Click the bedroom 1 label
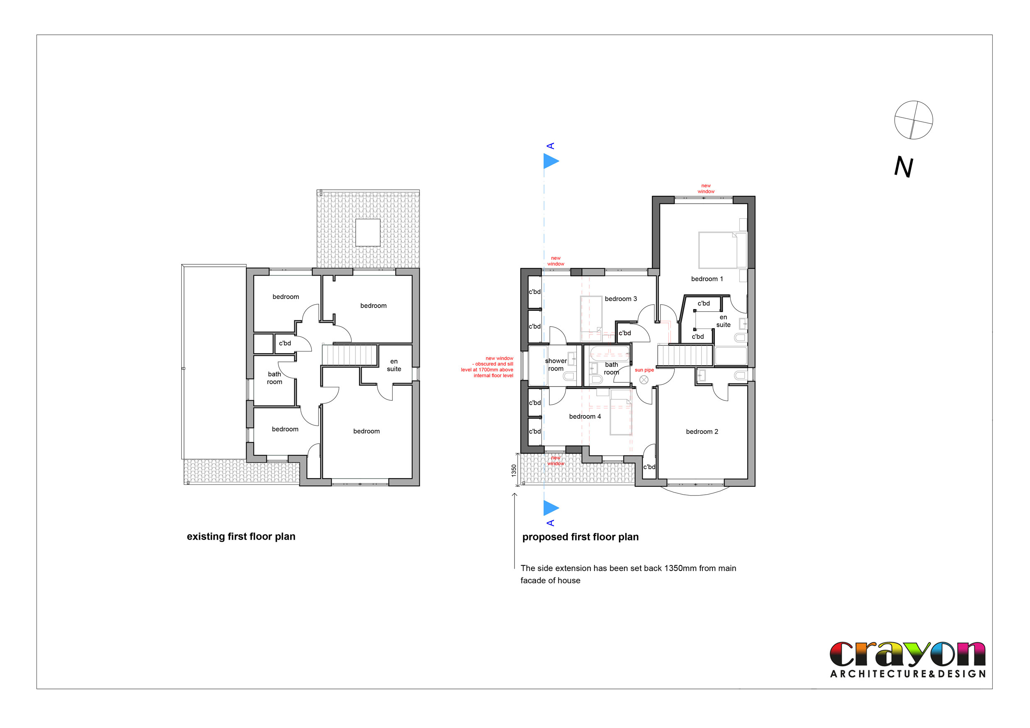coord(707,279)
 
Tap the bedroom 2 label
coord(702,432)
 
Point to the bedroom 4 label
coord(585,416)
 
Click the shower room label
coord(556,365)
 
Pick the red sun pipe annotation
coord(644,370)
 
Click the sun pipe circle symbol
coord(644,380)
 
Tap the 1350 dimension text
coord(514,471)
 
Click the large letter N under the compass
coord(903,167)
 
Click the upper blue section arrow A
coord(551,161)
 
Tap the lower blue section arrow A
coord(551,508)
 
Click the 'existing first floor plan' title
coord(241,537)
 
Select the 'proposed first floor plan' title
coord(580,537)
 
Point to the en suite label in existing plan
coord(394,365)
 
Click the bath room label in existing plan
coord(274,378)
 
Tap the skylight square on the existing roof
coord(368,232)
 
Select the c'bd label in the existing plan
coord(285,343)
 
